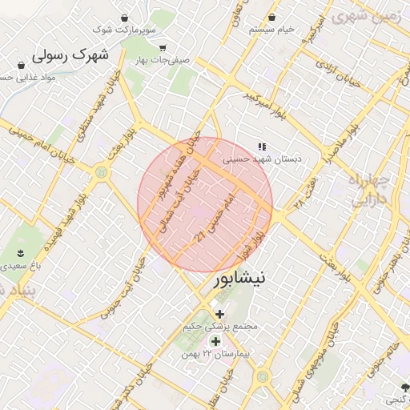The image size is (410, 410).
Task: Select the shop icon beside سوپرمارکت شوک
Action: [x=124, y=18]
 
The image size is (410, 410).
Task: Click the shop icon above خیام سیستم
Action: [x=272, y=17]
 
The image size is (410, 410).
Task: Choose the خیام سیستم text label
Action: [x=271, y=30]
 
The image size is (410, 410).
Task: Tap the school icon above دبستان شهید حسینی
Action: [x=261, y=147]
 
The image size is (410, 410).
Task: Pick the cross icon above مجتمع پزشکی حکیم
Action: [x=220, y=313]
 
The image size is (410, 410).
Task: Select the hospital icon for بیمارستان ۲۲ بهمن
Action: [x=215, y=342]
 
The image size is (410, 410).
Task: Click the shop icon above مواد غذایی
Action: [x=22, y=65]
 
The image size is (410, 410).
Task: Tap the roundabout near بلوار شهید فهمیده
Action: [x=101, y=171]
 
